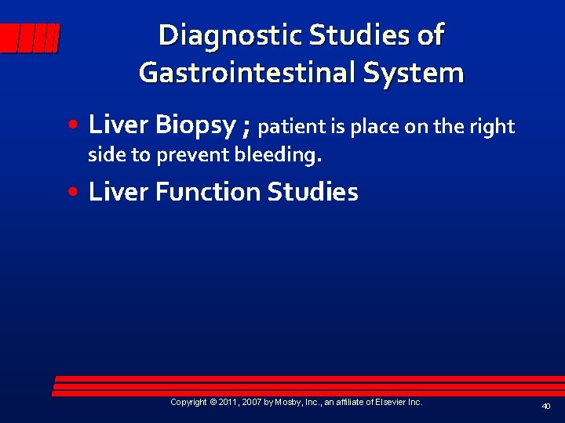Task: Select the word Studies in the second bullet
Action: tap(313, 192)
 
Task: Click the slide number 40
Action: tap(545, 406)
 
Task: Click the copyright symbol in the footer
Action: tap(213, 402)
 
